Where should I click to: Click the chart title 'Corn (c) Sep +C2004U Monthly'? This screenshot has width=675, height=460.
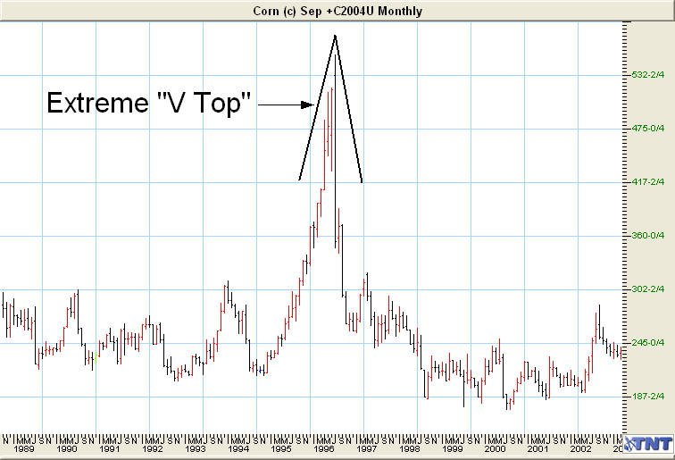(x=337, y=11)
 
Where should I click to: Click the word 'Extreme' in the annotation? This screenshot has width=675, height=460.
(x=93, y=104)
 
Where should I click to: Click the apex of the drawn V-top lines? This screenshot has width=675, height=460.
(x=335, y=35)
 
